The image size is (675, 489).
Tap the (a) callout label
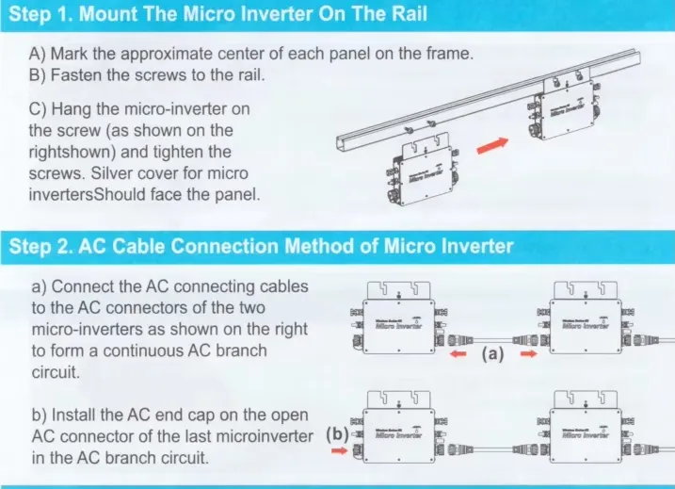[x=496, y=355]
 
